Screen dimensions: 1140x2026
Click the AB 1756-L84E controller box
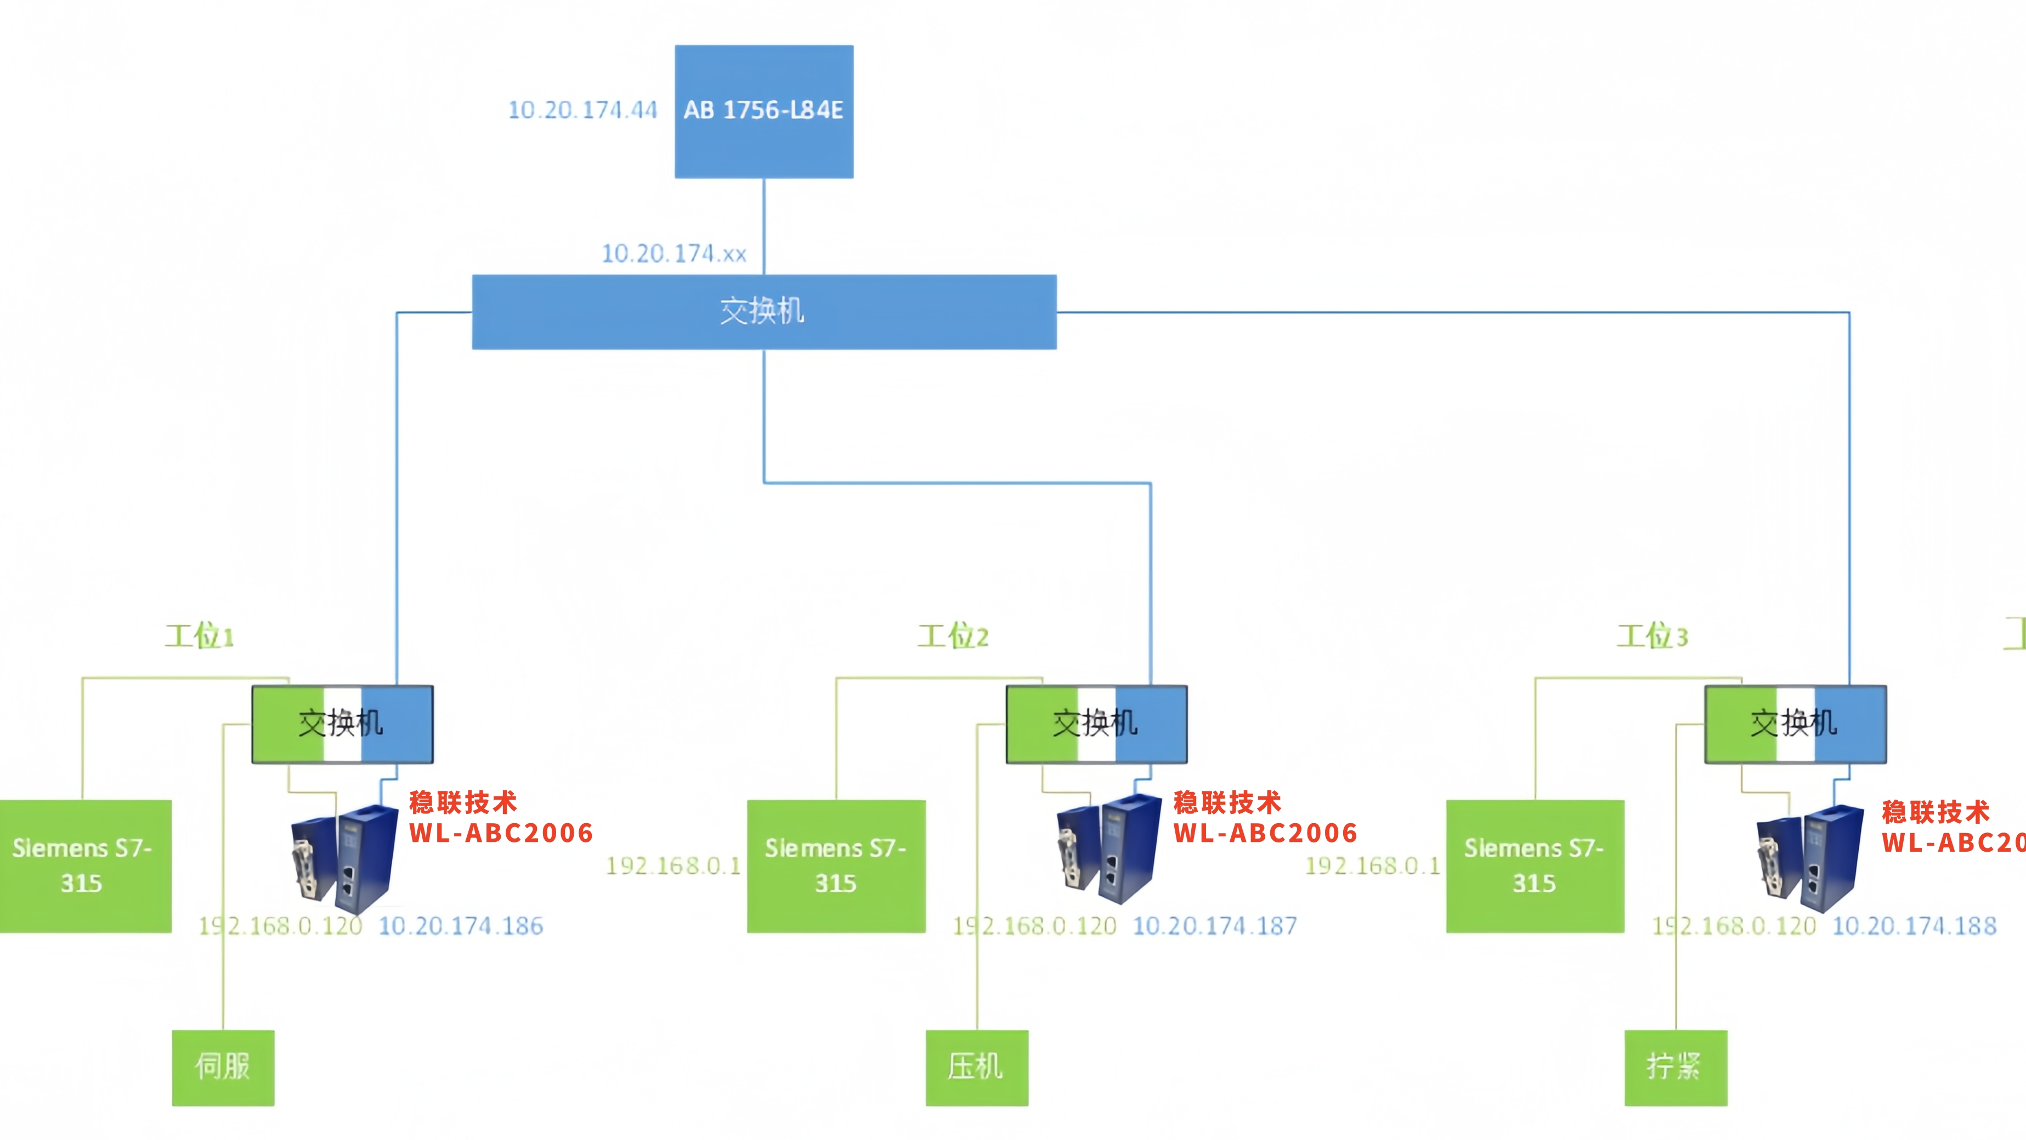[763, 111]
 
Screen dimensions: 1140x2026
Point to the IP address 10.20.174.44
[582, 110]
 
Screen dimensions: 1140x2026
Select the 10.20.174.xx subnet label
[674, 253]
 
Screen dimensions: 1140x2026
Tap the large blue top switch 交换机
[763, 311]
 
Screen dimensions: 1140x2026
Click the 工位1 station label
[199, 635]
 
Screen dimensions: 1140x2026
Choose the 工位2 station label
[953, 635]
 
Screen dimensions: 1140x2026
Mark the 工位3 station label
[1651, 635]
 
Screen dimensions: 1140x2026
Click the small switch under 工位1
[342, 724]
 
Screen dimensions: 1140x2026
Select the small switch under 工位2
[1096, 724]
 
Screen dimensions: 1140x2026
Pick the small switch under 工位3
[1795, 724]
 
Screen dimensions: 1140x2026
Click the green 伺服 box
[223, 1067]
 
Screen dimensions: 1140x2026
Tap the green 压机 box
[976, 1067]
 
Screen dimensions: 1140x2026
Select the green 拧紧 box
[1675, 1067]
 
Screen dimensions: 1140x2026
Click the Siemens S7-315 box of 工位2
[835, 865]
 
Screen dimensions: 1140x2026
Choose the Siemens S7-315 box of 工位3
[1535, 865]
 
